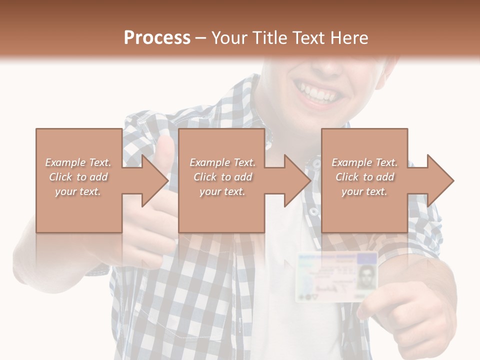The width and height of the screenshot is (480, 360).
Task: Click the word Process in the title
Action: [157, 38]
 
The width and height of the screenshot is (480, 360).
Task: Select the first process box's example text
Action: [78, 177]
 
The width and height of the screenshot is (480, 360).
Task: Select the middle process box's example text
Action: [222, 177]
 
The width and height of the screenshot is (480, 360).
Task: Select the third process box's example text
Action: [364, 177]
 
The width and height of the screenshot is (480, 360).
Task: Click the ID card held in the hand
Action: [335, 276]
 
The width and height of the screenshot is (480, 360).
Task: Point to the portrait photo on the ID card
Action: [366, 276]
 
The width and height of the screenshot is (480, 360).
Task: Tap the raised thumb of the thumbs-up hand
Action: [164, 152]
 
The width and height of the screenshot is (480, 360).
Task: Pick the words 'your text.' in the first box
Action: [78, 191]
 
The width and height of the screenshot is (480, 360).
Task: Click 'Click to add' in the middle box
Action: [222, 177]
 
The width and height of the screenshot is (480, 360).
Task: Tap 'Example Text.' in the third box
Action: [364, 162]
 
